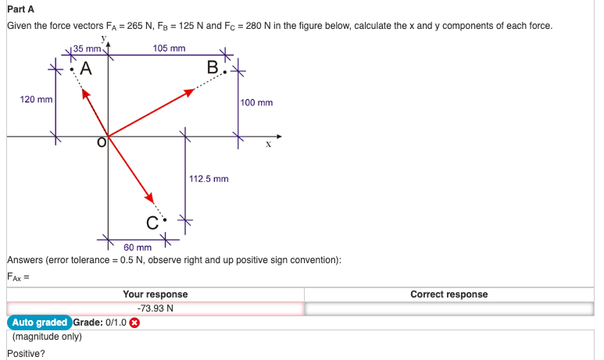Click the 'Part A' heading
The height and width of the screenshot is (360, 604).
(22, 9)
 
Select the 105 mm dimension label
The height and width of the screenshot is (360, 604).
(170, 48)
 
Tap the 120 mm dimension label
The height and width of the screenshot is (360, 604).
(36, 100)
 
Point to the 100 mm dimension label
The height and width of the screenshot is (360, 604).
(257, 102)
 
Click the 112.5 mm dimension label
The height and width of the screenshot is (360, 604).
(209, 179)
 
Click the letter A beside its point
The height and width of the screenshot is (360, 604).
(84, 69)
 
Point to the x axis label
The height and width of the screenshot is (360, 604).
(267, 144)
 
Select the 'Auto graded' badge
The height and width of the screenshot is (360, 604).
(39, 323)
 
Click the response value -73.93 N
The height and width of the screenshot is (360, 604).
(155, 308)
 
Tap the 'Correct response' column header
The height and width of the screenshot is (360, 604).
(449, 294)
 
